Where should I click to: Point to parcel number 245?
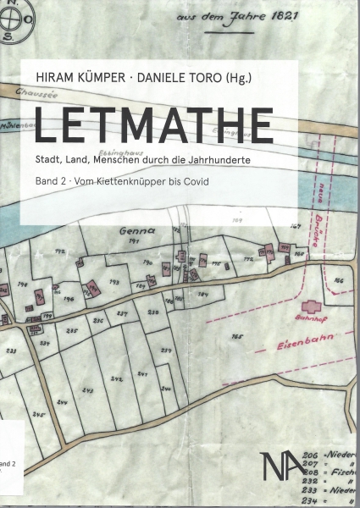click(x=37, y=415)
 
